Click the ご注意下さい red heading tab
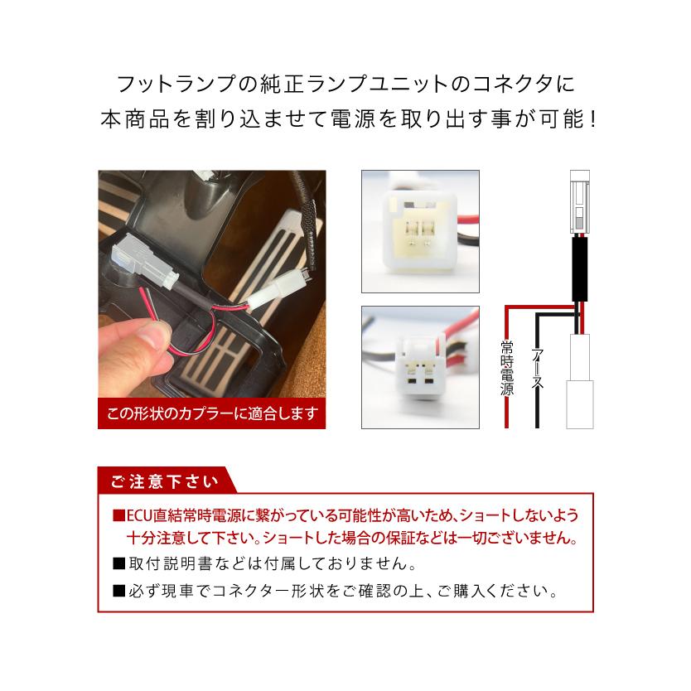(162, 481)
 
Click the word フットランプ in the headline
(159, 85)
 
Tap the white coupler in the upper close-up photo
(418, 231)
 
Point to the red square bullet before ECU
(118, 516)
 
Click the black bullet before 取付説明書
(118, 565)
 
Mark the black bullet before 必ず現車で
(118, 592)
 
